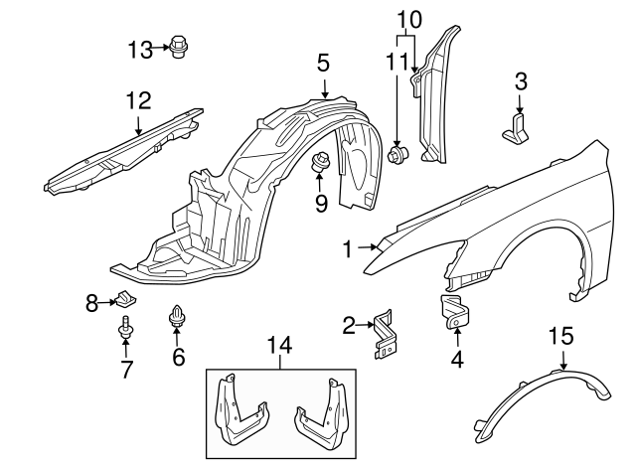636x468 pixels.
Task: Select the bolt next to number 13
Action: [x=180, y=47]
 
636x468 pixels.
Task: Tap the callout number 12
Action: [x=137, y=99]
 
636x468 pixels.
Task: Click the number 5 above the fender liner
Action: [x=323, y=63]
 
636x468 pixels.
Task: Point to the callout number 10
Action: [x=408, y=18]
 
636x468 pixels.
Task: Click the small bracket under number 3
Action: [x=518, y=128]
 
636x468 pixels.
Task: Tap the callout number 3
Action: [x=519, y=80]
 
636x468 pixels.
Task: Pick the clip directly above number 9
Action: [x=321, y=165]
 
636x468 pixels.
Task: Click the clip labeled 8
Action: [x=123, y=298]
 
